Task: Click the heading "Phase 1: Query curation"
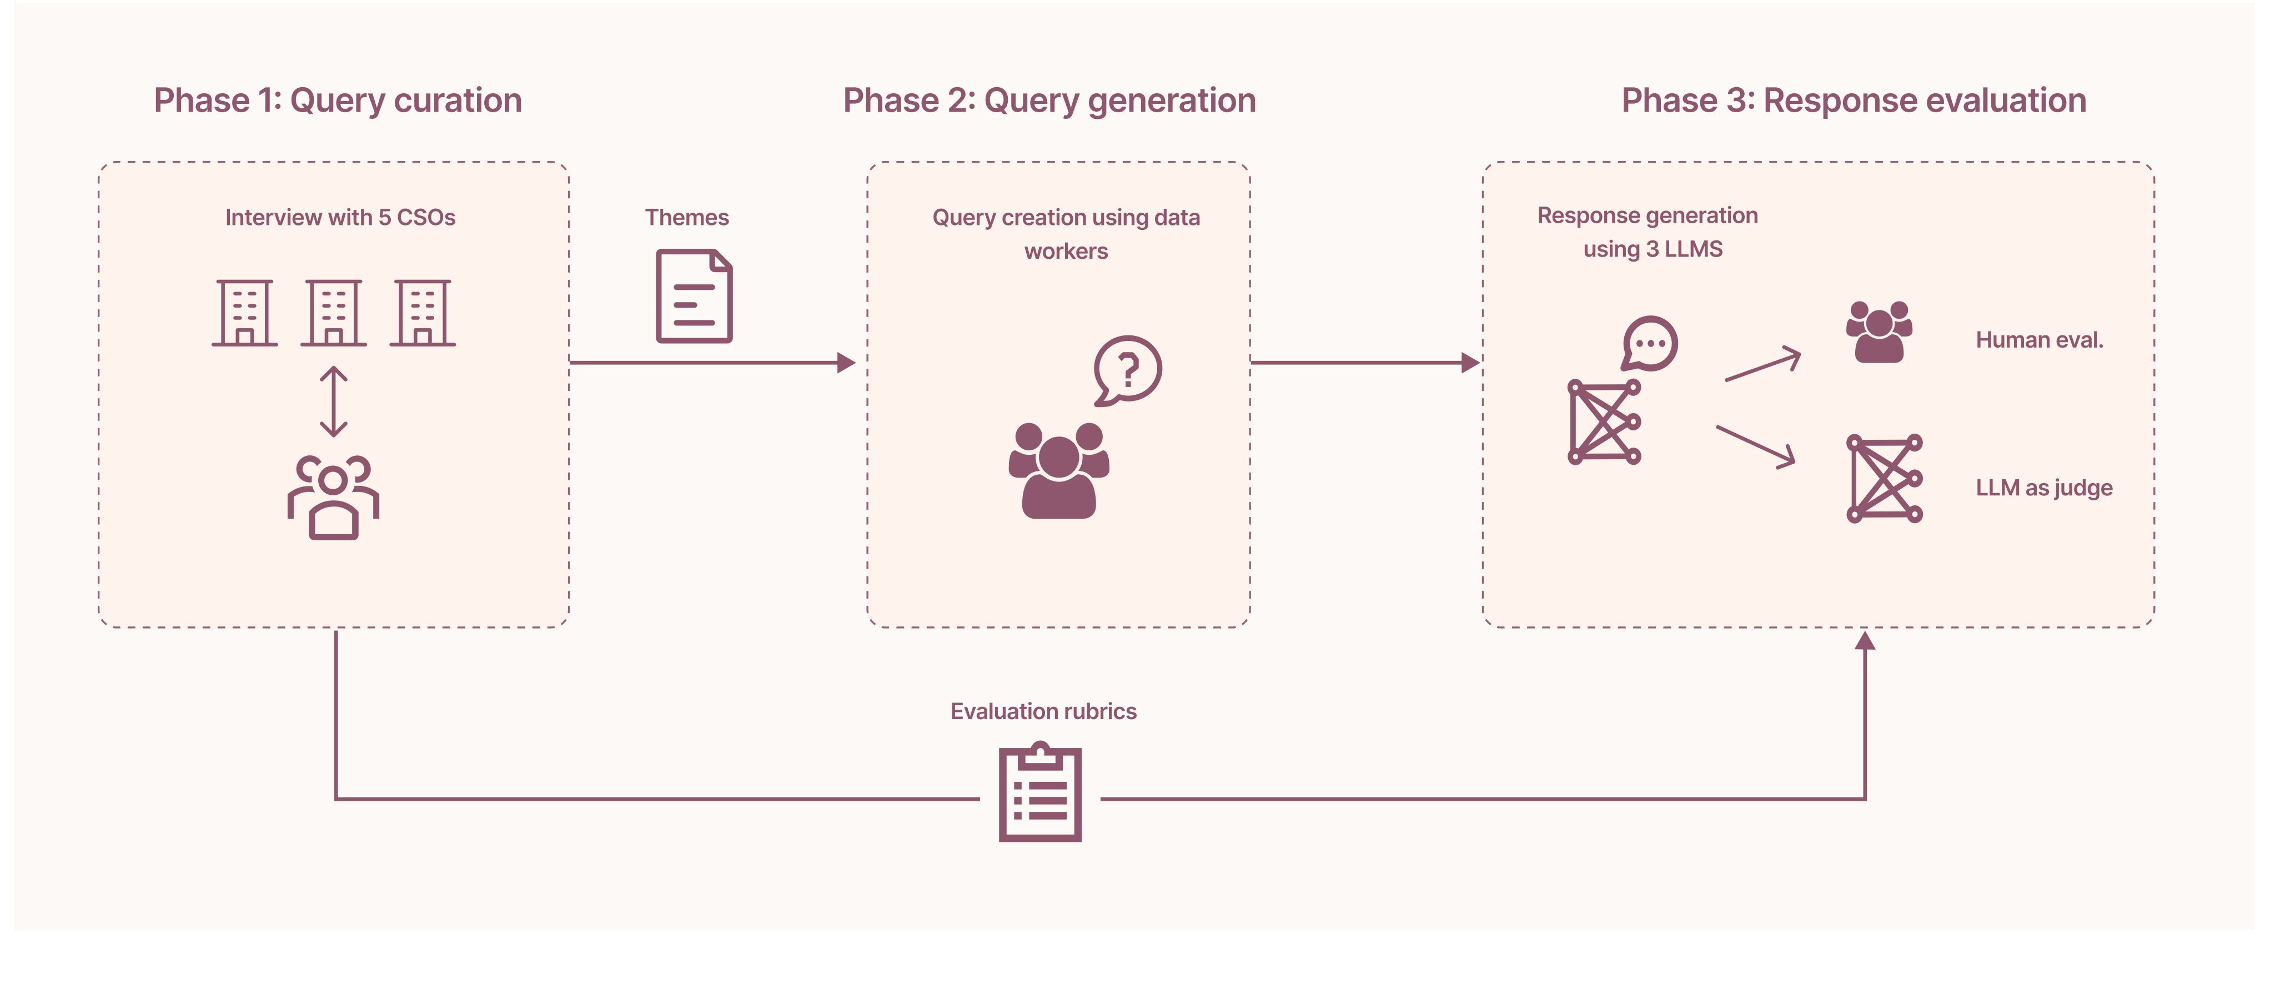point(338,101)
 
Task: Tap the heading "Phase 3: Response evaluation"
point(1854,101)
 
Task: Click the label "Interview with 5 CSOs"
point(340,218)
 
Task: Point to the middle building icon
point(333,313)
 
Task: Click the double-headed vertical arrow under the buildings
point(333,401)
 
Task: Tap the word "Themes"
point(686,218)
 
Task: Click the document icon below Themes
point(695,296)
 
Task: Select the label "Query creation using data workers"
point(1066,234)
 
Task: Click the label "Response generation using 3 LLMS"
point(1648,233)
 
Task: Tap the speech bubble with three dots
point(1650,344)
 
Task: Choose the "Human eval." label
point(2039,340)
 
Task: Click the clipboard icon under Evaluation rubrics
point(1040,792)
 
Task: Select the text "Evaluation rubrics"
point(1043,712)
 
